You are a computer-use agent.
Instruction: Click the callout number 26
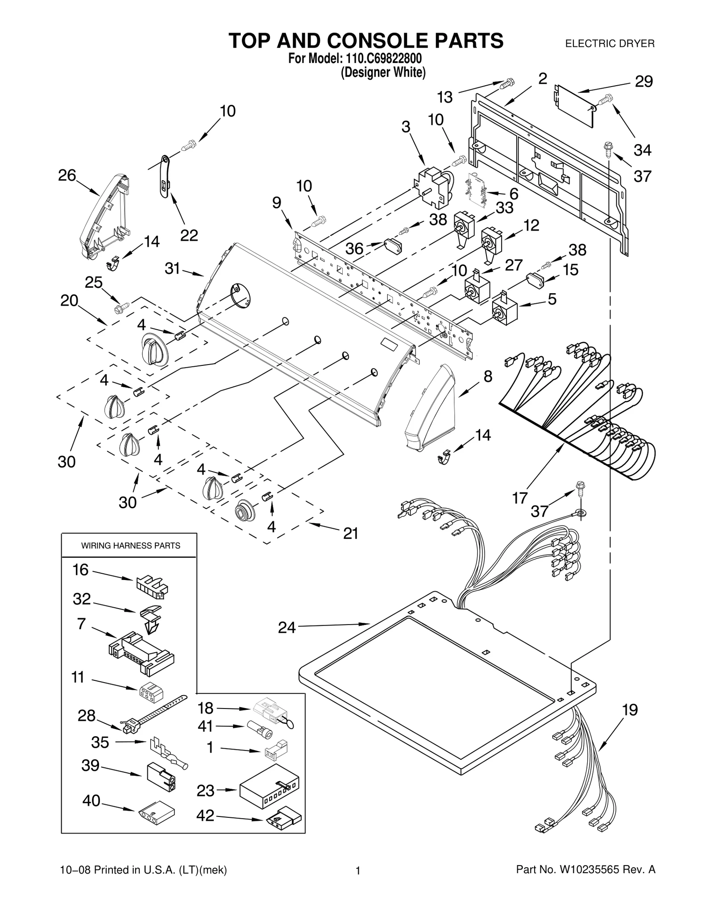point(67,175)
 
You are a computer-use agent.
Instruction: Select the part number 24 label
point(286,627)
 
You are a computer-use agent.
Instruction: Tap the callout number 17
point(520,497)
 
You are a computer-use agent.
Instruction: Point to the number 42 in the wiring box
point(205,816)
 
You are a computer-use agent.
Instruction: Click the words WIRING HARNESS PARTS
point(130,545)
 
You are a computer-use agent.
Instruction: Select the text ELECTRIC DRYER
point(610,44)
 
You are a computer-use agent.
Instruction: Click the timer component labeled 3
point(432,186)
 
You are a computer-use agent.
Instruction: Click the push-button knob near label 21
point(245,509)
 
